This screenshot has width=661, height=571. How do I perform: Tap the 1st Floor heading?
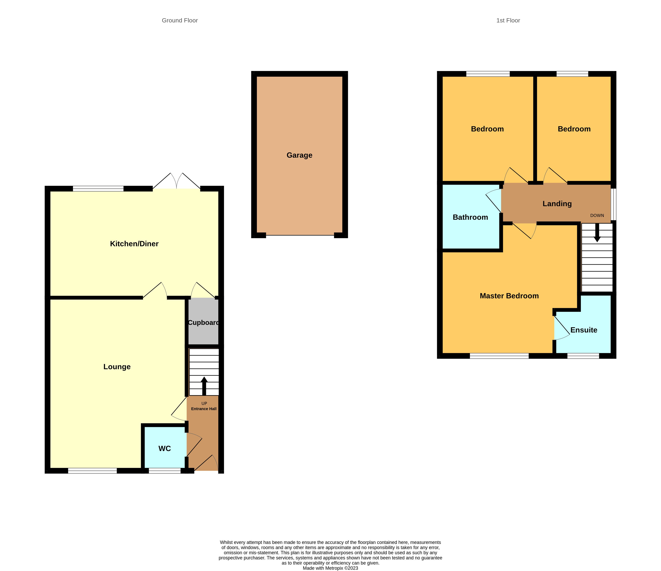508,20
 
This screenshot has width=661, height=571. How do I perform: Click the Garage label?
299,155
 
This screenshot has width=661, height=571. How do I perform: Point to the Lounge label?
117,367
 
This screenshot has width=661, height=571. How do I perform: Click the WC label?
165,449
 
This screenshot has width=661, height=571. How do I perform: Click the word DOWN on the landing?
597,215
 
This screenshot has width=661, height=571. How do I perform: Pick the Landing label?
557,204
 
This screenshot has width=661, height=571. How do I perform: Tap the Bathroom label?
470,217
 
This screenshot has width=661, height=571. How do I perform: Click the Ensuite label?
584,330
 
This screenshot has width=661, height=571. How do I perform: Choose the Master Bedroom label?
509,296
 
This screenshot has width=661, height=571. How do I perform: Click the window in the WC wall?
165,471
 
